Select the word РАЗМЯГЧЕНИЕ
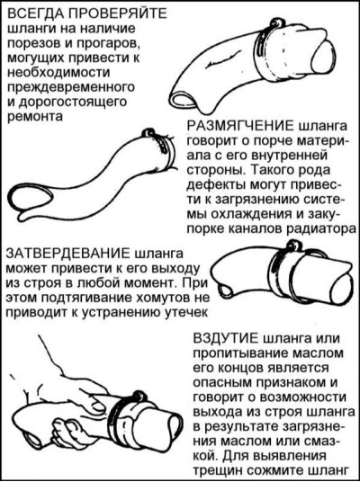click(240, 126)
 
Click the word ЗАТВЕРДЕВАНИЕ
click(68, 254)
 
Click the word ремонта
click(35, 117)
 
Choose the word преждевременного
click(71, 87)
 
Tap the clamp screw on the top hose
click(274, 23)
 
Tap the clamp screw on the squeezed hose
click(138, 397)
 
